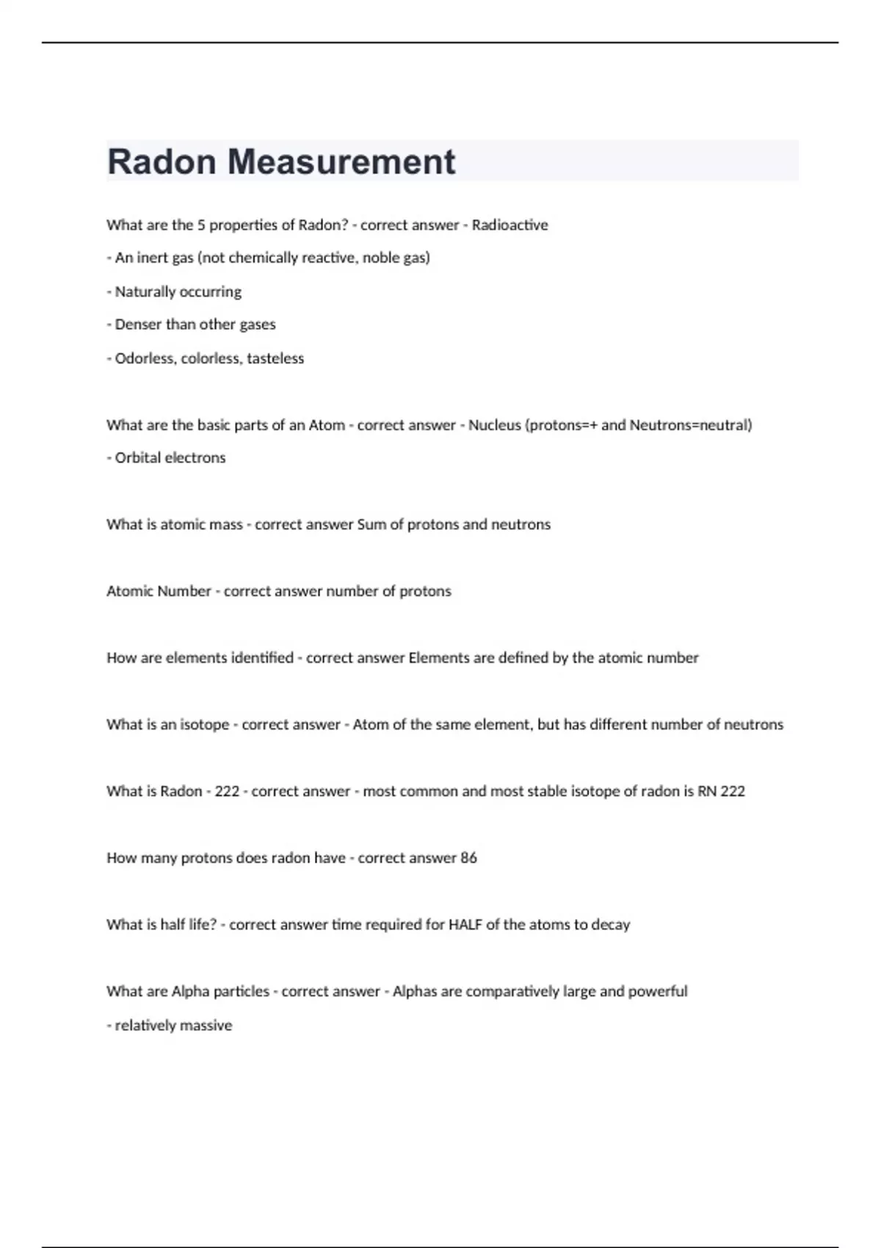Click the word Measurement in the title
click(341, 162)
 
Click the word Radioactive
click(510, 225)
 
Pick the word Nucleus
click(494, 425)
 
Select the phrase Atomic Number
click(159, 592)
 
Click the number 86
click(468, 858)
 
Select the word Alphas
click(415, 992)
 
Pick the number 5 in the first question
click(201, 225)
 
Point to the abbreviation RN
click(706, 791)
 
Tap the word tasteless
click(275, 358)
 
